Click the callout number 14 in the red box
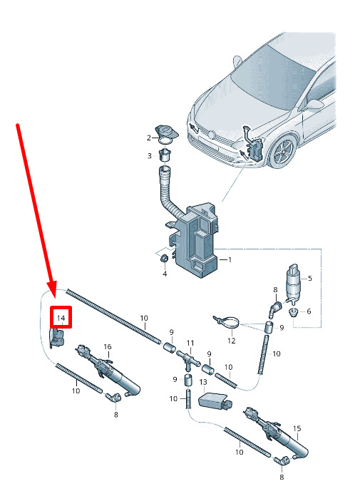[61, 319]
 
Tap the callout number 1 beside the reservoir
[230, 260]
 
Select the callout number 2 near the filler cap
[149, 138]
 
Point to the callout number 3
[149, 156]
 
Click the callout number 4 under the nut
[165, 274]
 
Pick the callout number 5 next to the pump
[310, 279]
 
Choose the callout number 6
[309, 311]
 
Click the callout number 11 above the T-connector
[190, 344]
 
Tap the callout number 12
[232, 341]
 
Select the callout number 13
[203, 382]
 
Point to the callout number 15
[297, 428]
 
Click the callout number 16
[108, 346]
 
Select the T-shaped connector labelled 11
[189, 358]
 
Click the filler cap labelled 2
[167, 132]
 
